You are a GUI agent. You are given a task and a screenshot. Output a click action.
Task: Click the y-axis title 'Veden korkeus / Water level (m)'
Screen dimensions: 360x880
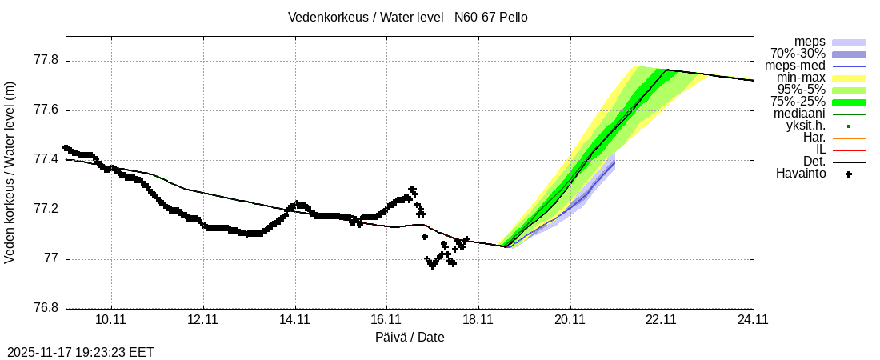point(10,172)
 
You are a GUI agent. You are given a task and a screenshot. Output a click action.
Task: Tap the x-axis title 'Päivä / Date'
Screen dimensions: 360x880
point(410,337)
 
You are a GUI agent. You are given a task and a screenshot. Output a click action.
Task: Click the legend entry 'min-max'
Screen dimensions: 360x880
point(801,78)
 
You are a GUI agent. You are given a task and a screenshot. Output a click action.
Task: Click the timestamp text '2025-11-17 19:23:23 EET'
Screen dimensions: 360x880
point(81,352)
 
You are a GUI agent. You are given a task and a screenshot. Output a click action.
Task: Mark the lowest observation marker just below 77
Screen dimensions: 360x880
point(433,266)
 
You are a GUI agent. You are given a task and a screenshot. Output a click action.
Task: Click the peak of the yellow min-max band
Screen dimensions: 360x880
point(637,66)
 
